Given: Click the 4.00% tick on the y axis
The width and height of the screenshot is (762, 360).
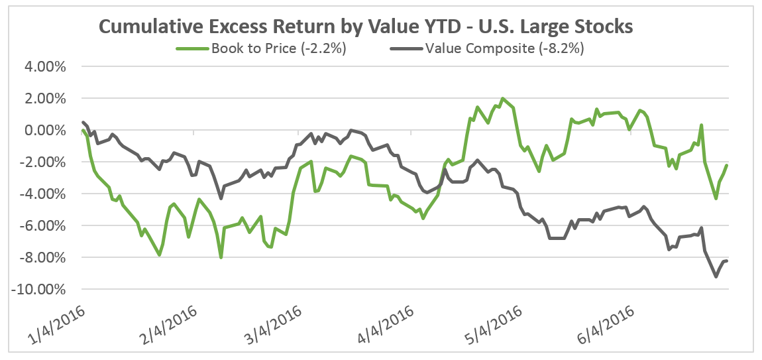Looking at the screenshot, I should click(44, 67).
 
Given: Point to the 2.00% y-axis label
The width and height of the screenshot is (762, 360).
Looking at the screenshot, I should click(44, 99).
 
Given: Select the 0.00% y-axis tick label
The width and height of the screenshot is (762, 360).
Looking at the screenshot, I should click(44, 131).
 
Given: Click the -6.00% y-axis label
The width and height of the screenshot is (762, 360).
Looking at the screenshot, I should click(42, 226).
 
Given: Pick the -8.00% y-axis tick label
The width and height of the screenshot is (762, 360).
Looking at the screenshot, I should click(42, 258).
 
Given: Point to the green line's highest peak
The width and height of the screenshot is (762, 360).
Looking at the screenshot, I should click(503, 99).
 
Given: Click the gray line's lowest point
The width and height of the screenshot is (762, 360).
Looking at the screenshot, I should click(716, 276).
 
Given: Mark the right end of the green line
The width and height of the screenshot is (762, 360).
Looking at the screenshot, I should click(727, 165).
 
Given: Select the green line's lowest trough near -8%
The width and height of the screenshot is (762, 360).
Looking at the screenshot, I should click(221, 257).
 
